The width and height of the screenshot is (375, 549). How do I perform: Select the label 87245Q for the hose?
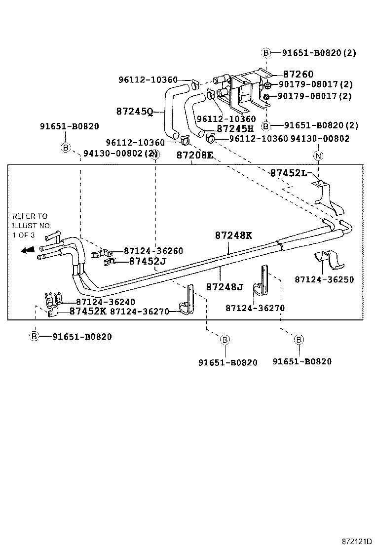pyautogui.click(x=135, y=111)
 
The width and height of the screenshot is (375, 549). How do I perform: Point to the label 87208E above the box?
pyautogui.click(x=195, y=155)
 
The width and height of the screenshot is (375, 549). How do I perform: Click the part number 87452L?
pyautogui.click(x=289, y=173)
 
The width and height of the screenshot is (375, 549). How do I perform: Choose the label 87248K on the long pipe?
pyautogui.click(x=233, y=235)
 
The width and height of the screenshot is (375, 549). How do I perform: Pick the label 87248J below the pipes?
pyautogui.click(x=225, y=286)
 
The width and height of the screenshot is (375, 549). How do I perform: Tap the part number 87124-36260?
pyautogui.click(x=153, y=251)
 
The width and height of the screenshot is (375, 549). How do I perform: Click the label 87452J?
pyautogui.click(x=148, y=261)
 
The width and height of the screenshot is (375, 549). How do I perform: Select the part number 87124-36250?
pyautogui.click(x=324, y=279)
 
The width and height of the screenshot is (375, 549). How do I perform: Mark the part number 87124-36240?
pyautogui.click(x=106, y=302)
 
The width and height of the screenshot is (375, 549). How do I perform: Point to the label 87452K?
pyautogui.click(x=88, y=311)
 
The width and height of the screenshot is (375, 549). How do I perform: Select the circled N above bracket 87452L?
pyautogui.click(x=318, y=156)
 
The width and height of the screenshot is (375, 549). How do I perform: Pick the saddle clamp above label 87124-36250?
pyautogui.click(x=326, y=259)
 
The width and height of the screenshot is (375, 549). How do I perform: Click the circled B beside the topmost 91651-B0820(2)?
pyautogui.click(x=265, y=53)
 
